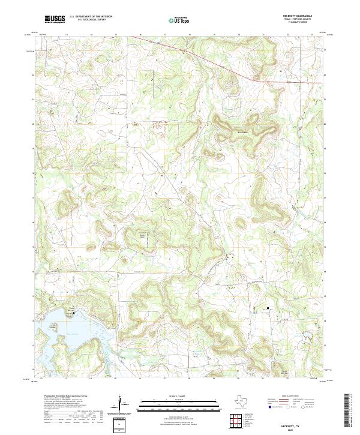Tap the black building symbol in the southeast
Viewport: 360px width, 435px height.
pos(268,308)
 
